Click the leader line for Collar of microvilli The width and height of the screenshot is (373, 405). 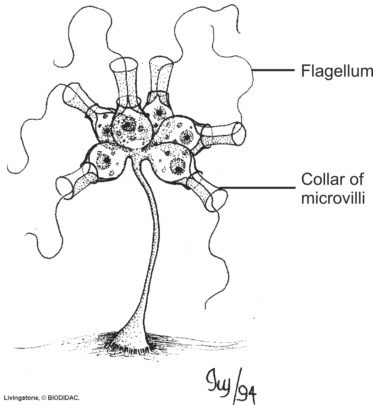(257, 187)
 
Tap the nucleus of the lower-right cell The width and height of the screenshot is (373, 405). (176, 165)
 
